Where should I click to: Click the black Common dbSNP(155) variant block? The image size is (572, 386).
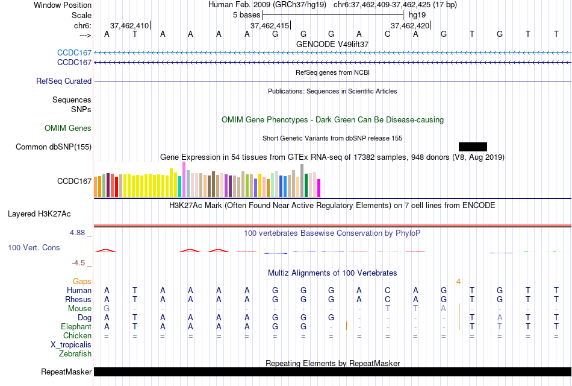(473, 147)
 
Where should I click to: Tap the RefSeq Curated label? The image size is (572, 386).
(64, 81)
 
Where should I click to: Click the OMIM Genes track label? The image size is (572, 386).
(68, 128)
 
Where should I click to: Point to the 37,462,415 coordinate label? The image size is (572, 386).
(270, 25)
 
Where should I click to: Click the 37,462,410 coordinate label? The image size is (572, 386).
(129, 25)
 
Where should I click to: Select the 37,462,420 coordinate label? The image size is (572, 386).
(410, 25)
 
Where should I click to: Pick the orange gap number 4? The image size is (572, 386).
(458, 281)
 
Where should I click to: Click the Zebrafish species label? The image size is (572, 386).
(75, 353)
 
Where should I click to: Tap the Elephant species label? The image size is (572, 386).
(76, 326)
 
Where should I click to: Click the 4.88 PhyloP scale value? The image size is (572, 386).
(79, 232)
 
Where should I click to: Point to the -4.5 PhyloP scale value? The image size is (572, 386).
(81, 263)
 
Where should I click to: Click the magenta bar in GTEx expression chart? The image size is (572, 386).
(319, 188)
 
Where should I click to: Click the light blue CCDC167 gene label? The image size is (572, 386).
(74, 53)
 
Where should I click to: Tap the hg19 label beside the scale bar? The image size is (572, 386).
(417, 14)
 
